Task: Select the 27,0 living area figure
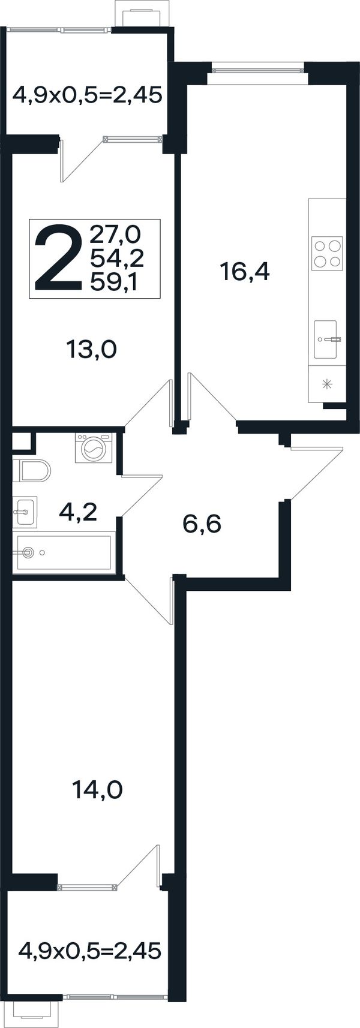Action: coord(116,235)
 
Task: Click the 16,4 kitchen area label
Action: coord(245,273)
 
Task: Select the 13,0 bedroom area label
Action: coord(92,350)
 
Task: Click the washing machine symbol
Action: coord(95,448)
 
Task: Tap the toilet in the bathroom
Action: coord(31,470)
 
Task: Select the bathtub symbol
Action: coord(62,552)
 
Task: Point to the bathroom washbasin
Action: coord(25,512)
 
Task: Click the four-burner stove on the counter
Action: coord(327,253)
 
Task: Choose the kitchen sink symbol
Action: coord(326,340)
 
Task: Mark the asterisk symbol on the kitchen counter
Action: coord(327,384)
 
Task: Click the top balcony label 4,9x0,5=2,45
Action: coord(87,96)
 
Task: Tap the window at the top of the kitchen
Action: coord(258,70)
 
